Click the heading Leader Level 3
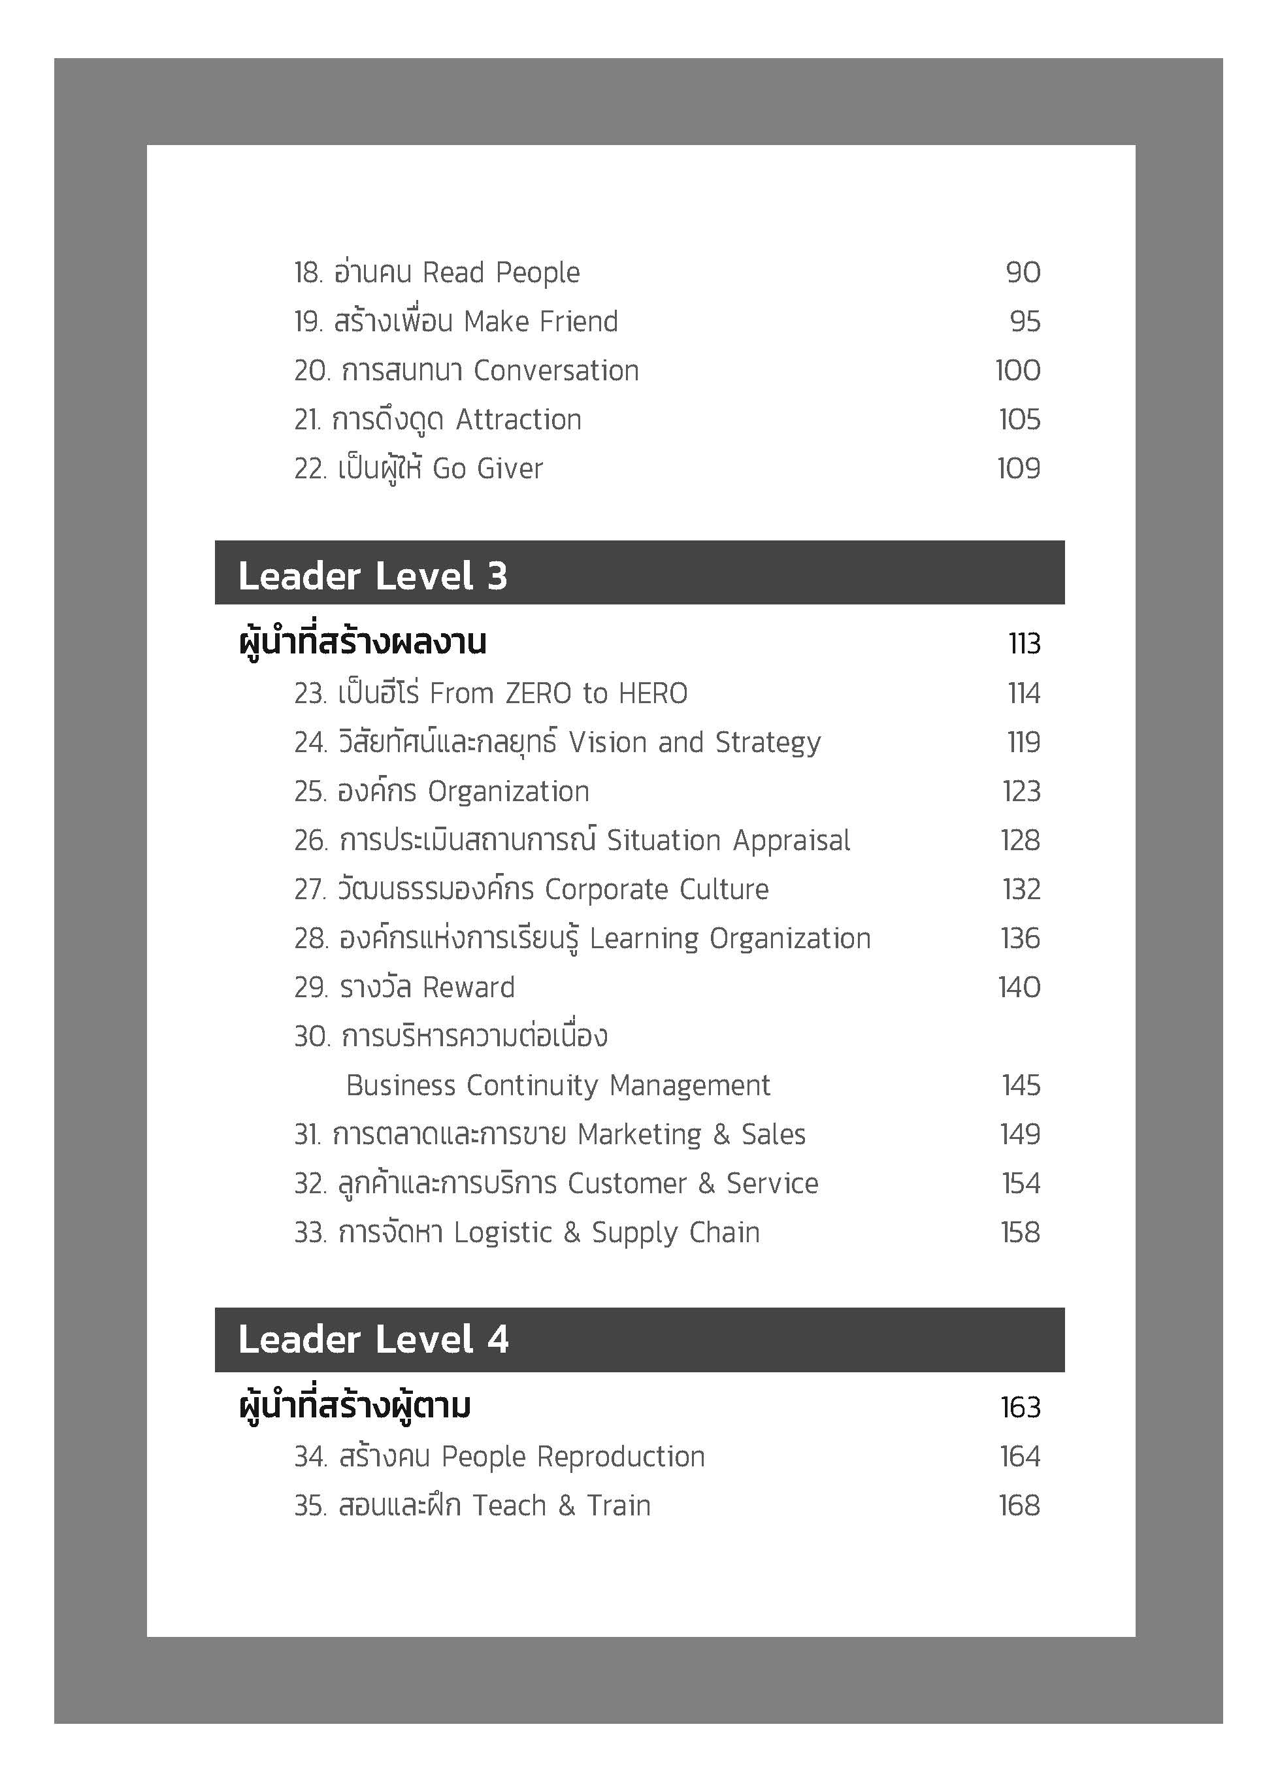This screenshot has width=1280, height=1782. (372, 576)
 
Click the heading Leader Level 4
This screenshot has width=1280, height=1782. (372, 1340)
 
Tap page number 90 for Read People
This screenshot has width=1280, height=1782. (1023, 272)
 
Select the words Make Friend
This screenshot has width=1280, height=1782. (540, 322)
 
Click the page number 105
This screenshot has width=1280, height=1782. (1019, 420)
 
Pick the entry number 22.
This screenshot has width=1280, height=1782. (310, 469)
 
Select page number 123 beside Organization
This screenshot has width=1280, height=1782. (1021, 792)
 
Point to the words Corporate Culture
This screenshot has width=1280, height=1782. (656, 889)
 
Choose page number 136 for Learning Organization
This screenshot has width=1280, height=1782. (1020, 939)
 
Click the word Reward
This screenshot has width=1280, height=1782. (468, 987)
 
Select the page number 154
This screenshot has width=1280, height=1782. (1021, 1184)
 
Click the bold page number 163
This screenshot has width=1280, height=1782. (1020, 1407)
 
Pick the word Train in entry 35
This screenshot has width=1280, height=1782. (619, 1506)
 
